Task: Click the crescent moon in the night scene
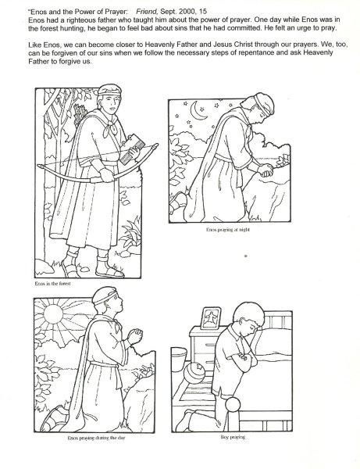(x=196, y=111)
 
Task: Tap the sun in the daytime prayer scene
(x=53, y=314)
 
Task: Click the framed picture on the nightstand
(x=211, y=318)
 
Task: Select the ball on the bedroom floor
(x=194, y=371)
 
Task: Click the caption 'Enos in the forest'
(x=52, y=284)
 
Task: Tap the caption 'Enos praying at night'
(x=228, y=230)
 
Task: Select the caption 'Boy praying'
(x=233, y=437)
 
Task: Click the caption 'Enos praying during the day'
(x=96, y=438)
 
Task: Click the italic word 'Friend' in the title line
(x=147, y=12)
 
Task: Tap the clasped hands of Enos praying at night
(x=266, y=170)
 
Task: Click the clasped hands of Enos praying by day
(x=135, y=336)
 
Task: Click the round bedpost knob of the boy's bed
(x=233, y=405)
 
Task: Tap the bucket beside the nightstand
(x=179, y=358)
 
